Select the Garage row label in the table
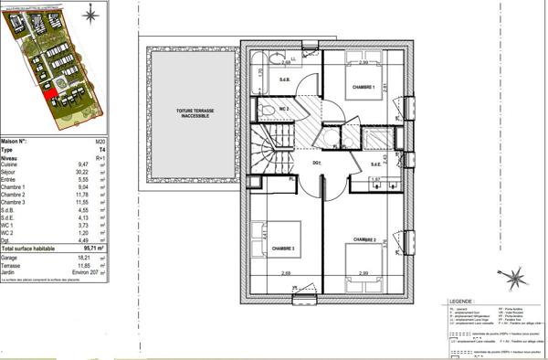pyautogui.click(x=12, y=260)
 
